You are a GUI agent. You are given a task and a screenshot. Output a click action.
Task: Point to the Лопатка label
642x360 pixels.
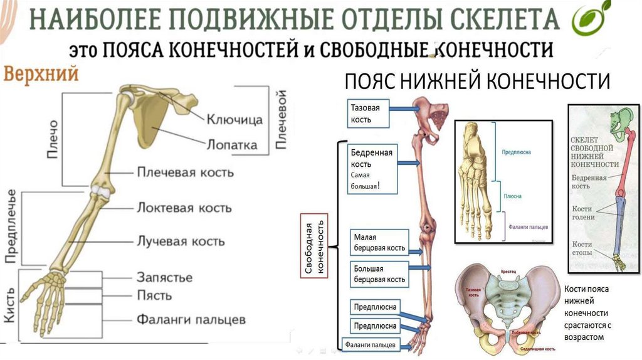[x=232, y=144]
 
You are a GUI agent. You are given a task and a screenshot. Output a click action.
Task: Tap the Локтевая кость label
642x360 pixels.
[x=184, y=208]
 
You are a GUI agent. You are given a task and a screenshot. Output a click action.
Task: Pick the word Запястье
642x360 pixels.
[x=164, y=277]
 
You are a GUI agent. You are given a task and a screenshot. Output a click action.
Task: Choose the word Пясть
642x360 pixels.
[x=154, y=295]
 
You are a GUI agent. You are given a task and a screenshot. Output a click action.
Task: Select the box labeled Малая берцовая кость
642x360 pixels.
[x=379, y=243]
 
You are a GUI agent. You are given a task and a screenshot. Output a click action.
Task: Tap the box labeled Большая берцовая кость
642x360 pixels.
[x=379, y=274]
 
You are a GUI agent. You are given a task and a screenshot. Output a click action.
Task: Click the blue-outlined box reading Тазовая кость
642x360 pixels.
[x=366, y=114]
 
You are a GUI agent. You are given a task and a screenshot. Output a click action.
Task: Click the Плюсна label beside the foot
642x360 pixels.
[x=512, y=196]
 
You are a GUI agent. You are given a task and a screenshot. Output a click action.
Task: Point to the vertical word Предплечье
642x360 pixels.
[x=11, y=226]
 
